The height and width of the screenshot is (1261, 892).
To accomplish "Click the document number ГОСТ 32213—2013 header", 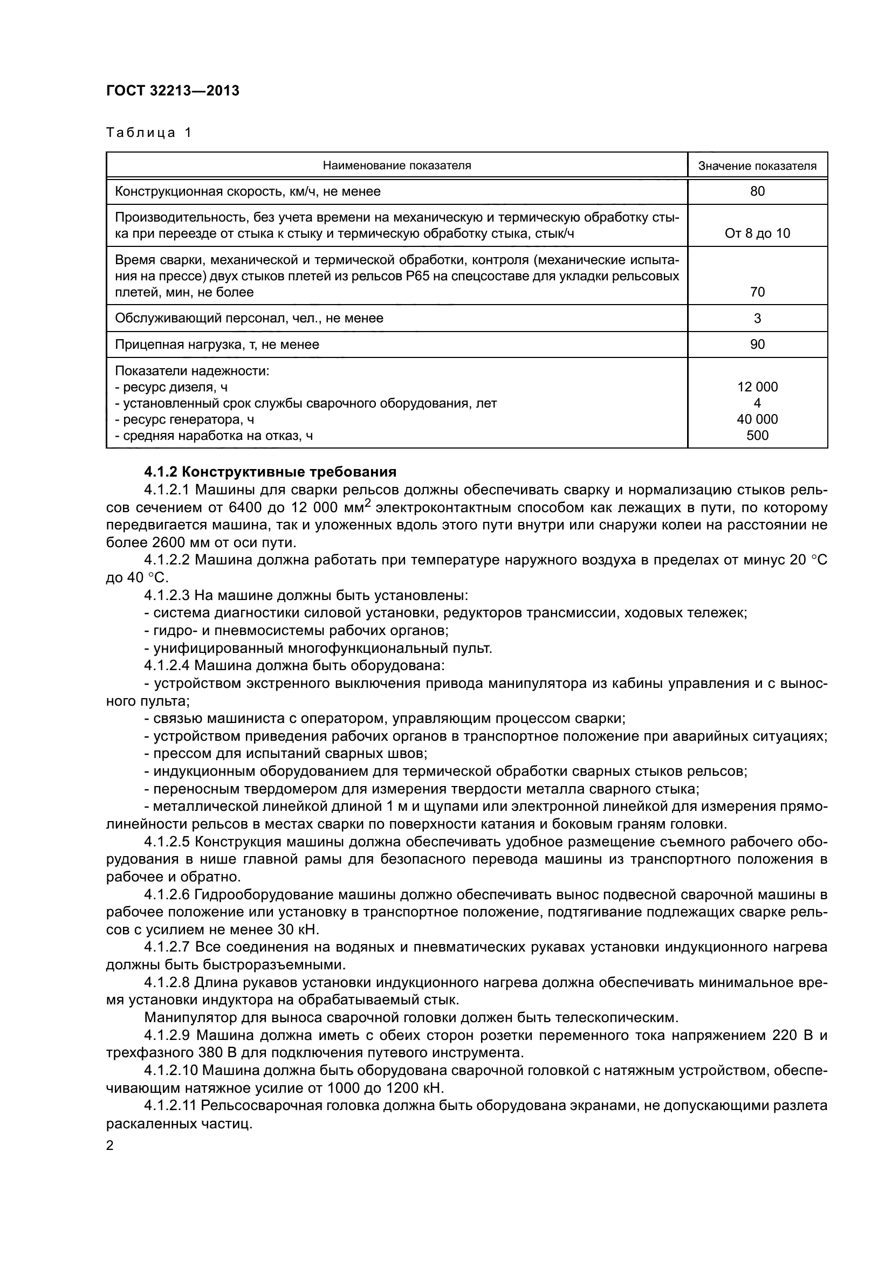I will click(x=173, y=91).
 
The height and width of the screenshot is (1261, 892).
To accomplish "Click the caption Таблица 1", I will click(x=149, y=133).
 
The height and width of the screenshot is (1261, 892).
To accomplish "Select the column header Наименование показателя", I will click(x=396, y=166).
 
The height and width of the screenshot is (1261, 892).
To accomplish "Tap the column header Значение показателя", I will click(x=757, y=166).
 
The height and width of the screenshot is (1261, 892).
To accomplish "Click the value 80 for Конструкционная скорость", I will click(x=757, y=191).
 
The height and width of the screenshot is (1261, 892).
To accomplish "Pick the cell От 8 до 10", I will click(x=757, y=233).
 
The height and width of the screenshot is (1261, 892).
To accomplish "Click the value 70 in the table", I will click(x=757, y=292).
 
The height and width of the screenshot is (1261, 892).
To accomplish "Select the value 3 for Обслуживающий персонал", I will click(x=757, y=318).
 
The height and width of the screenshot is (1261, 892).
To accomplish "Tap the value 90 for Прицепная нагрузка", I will click(x=757, y=344).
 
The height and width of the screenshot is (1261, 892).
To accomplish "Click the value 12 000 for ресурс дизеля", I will click(x=757, y=387).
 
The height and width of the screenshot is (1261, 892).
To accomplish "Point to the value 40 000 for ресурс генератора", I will click(x=757, y=419).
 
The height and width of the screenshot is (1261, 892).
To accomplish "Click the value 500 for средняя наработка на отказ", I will click(x=757, y=436).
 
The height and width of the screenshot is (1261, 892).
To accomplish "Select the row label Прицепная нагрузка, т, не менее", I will click(x=217, y=344).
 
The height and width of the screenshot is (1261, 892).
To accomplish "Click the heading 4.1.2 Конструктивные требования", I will click(x=270, y=472).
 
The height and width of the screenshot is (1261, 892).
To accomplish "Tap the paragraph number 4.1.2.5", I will click(x=167, y=842).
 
